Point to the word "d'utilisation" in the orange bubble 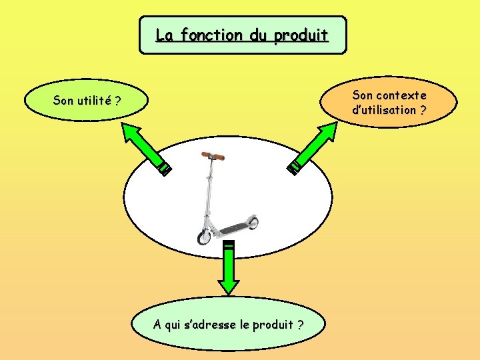384,110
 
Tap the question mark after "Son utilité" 117,101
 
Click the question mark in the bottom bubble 301,325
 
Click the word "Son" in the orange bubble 363,95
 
